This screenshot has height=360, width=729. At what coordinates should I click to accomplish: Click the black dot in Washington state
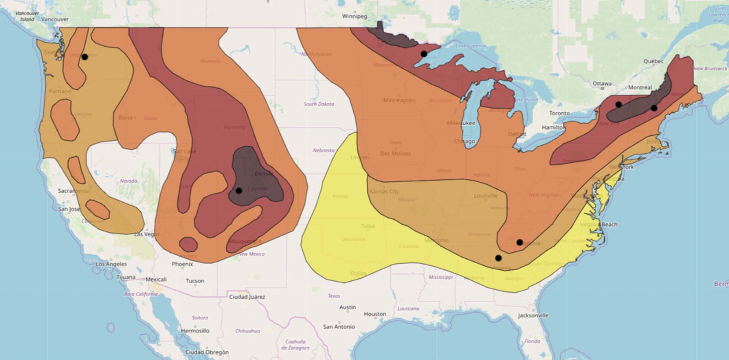85,57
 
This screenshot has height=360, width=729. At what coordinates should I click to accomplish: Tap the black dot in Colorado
239,191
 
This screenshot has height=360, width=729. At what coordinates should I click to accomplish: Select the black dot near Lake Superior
424,54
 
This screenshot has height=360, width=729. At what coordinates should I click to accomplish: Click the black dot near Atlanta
498,258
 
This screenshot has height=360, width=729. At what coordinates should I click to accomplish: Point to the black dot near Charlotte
520,243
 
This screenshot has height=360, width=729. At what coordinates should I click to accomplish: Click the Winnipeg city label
355,16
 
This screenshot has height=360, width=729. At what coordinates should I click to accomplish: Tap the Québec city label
653,61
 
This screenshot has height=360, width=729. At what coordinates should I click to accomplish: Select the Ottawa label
602,83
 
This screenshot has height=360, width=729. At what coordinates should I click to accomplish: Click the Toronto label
559,113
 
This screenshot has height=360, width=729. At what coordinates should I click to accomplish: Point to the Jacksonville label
533,315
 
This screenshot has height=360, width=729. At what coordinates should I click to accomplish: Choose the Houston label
375,314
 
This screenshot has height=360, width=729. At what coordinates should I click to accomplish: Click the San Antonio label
339,327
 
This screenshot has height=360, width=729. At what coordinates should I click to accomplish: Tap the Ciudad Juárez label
247,297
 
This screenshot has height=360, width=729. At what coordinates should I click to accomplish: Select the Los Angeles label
111,264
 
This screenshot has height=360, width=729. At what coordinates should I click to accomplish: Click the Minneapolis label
399,100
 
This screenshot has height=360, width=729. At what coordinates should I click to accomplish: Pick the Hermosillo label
195,330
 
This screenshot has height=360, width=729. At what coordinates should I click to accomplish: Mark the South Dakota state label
319,104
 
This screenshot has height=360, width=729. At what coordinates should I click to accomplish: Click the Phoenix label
182,264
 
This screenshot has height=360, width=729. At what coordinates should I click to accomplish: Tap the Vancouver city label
55,19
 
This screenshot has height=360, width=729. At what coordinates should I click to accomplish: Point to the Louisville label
486,195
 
